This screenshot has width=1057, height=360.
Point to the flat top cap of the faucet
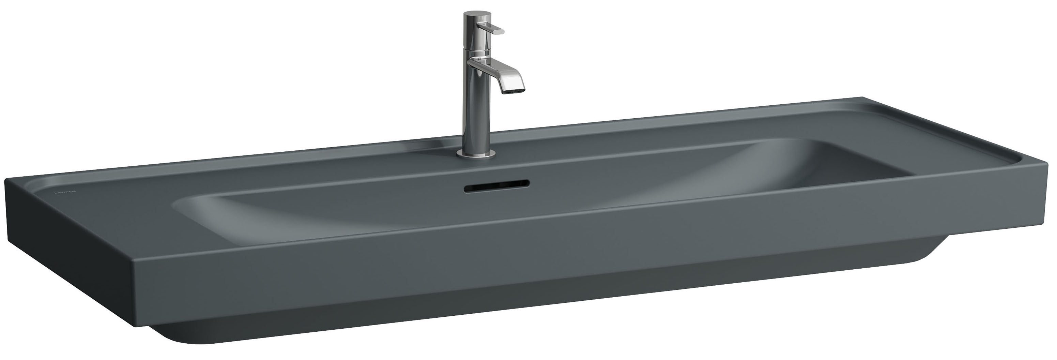(x=472, y=15)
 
